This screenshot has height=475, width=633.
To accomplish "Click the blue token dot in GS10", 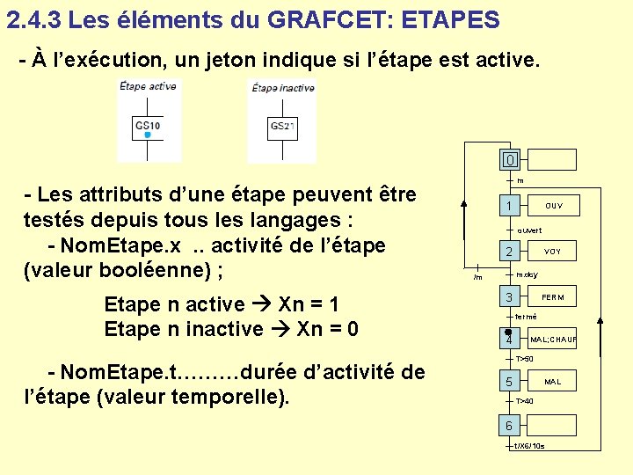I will (148, 135).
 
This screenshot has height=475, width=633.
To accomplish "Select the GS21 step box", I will (281, 127).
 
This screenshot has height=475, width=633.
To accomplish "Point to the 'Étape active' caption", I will (148, 86).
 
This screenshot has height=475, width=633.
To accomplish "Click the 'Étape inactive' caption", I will (283, 88).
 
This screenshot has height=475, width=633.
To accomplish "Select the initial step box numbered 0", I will (510, 160).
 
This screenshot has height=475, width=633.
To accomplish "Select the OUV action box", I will (553, 207).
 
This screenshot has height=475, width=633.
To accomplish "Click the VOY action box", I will (552, 252).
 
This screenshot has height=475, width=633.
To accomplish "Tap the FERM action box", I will (552, 297).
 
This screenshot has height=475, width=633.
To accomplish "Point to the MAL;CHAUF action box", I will (552, 340).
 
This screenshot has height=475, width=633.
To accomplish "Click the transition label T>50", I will (525, 360).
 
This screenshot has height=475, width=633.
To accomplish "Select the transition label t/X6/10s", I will (529, 446).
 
